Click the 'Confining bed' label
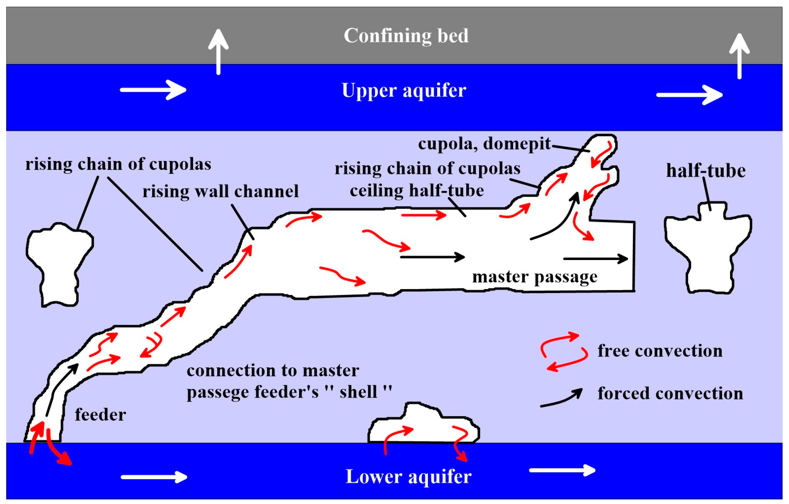click(x=406, y=36)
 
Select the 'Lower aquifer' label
click(x=408, y=477)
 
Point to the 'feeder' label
click(x=100, y=415)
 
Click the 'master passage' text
click(x=534, y=277)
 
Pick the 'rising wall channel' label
click(x=220, y=192)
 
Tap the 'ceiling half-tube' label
click(x=417, y=191)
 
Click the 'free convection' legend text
click(x=660, y=351)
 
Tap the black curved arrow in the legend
click(x=561, y=398)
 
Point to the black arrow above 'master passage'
click(x=596, y=259)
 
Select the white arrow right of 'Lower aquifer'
click(x=562, y=471)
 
